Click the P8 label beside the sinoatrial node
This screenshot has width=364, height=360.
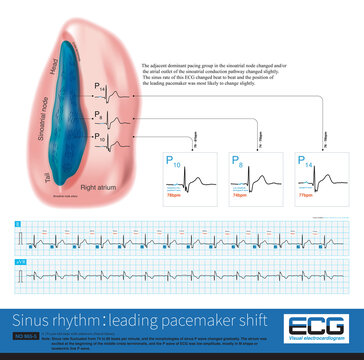(99, 116)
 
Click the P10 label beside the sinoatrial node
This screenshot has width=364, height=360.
(99, 135)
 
